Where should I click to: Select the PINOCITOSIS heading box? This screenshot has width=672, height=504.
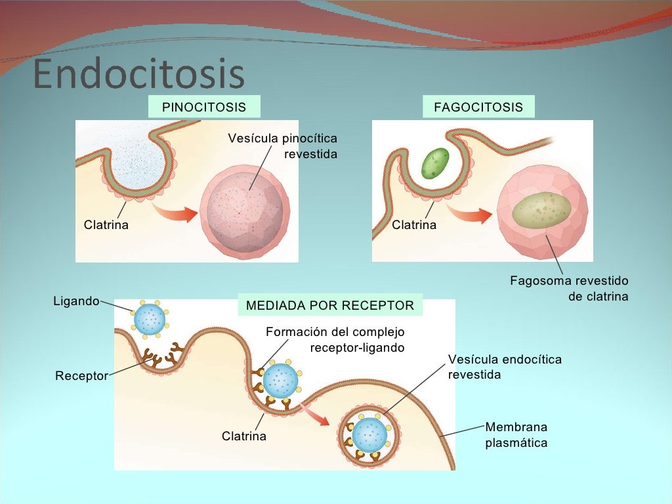point(204,107)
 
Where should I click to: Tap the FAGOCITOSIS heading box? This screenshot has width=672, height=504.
point(478,107)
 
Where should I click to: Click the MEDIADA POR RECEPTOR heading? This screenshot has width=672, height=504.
point(329,305)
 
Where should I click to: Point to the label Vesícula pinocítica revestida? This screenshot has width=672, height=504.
point(283,146)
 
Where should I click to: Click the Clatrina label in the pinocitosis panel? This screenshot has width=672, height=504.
point(106,225)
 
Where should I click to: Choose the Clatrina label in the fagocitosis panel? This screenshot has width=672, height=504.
point(414,225)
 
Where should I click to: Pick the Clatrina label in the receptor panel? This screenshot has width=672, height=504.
point(244,436)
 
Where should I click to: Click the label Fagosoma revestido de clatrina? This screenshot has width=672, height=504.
point(570,289)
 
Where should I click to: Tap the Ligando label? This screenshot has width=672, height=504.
point(75,301)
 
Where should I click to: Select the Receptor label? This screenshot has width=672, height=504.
point(81,377)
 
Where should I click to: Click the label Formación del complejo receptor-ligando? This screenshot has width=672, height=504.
point(335,339)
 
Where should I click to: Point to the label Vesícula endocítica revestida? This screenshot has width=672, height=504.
point(505,367)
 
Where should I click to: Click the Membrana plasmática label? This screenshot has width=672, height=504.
point(516,435)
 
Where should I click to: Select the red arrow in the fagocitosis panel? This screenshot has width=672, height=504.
point(475,216)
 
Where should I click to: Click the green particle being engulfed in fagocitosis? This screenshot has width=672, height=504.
point(434,163)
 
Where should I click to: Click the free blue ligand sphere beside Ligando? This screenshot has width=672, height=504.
point(150,318)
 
